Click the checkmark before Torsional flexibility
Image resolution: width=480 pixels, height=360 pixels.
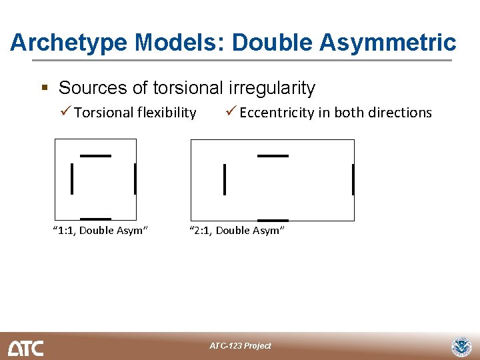pos(65,112)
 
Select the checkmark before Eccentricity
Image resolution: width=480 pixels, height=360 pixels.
pos(230,112)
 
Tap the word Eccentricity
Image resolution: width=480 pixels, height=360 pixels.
pos(277,113)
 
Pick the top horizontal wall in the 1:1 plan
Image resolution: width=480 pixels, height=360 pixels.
pos(95,155)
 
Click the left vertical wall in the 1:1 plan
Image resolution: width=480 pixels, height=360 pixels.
pos(72,179)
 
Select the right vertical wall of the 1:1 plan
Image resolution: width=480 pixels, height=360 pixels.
pos(135,179)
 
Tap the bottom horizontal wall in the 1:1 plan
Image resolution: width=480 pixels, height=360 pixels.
pos(95,219)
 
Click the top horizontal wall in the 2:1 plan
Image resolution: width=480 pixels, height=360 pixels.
pos(273,155)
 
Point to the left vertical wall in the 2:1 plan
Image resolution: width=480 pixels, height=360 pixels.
pos(225,180)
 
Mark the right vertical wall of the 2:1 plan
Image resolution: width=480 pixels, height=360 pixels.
pos(353,180)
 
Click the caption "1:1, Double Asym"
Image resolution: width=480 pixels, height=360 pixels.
pos(100,231)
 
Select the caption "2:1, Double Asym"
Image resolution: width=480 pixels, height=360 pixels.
pos(237,231)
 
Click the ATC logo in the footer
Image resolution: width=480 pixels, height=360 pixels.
pos(25,347)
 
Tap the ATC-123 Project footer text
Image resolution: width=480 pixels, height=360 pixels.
pos(240,345)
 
